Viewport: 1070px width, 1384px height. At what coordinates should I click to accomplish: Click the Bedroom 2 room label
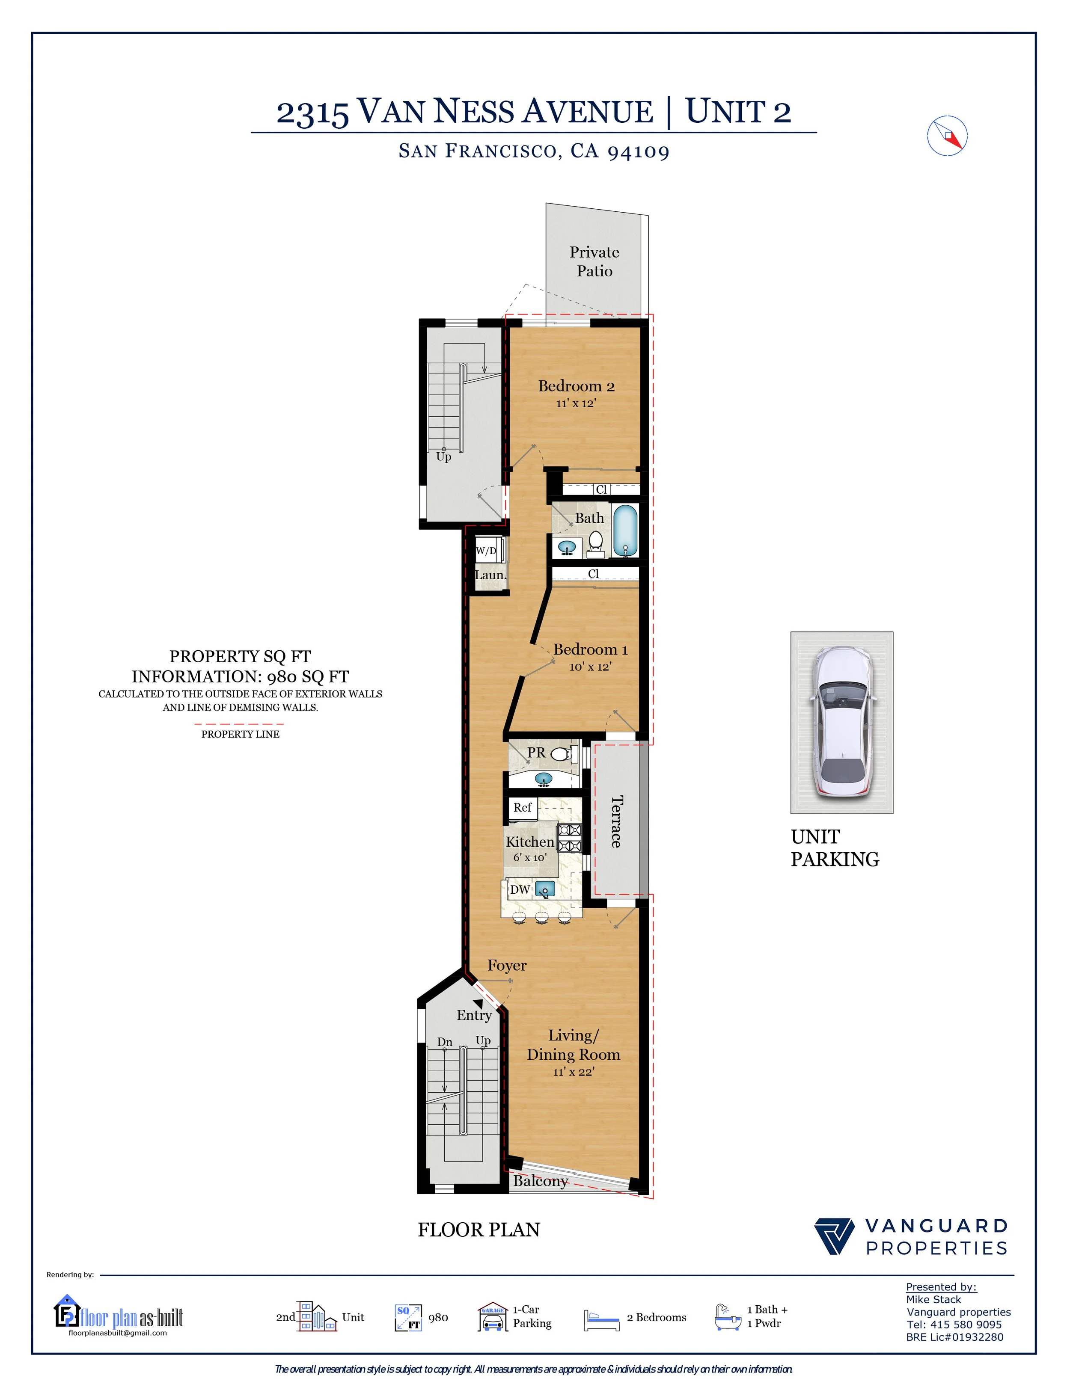pyautogui.click(x=576, y=386)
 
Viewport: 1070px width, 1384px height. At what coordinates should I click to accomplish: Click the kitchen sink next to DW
pyautogui.click(x=544, y=889)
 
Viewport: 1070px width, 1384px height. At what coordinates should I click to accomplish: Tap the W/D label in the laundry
pyautogui.click(x=486, y=551)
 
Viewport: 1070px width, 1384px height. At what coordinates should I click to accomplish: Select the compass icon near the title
pyautogui.click(x=947, y=136)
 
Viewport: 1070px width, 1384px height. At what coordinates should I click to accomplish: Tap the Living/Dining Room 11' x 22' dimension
pyautogui.click(x=573, y=1072)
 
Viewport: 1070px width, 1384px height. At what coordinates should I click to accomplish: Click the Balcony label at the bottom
pyautogui.click(x=540, y=1181)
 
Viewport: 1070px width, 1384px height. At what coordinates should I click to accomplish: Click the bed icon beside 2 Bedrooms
pyautogui.click(x=601, y=1320)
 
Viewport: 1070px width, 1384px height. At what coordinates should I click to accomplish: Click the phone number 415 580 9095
pyautogui.click(x=966, y=1325)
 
